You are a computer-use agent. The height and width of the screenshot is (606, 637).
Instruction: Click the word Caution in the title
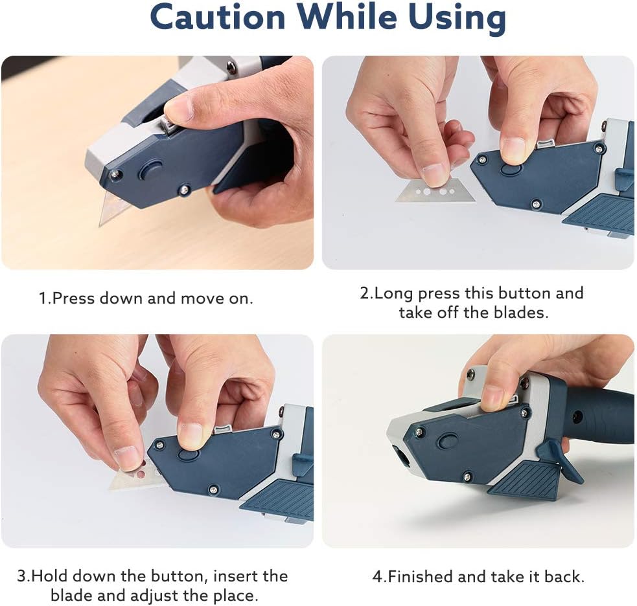218,17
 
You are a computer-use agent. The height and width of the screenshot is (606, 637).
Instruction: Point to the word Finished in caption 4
417,576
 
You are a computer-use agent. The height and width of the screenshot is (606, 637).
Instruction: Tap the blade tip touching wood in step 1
100,225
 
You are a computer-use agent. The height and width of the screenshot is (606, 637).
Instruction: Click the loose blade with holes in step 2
431,192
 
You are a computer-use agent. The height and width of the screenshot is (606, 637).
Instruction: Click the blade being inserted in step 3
130,477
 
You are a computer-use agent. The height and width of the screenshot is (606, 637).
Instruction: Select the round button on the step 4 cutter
448,441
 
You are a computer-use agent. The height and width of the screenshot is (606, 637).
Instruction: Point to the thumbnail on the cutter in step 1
179,107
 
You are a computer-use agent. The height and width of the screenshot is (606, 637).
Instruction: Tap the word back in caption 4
563,576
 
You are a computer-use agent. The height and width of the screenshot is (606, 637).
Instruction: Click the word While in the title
347,17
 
